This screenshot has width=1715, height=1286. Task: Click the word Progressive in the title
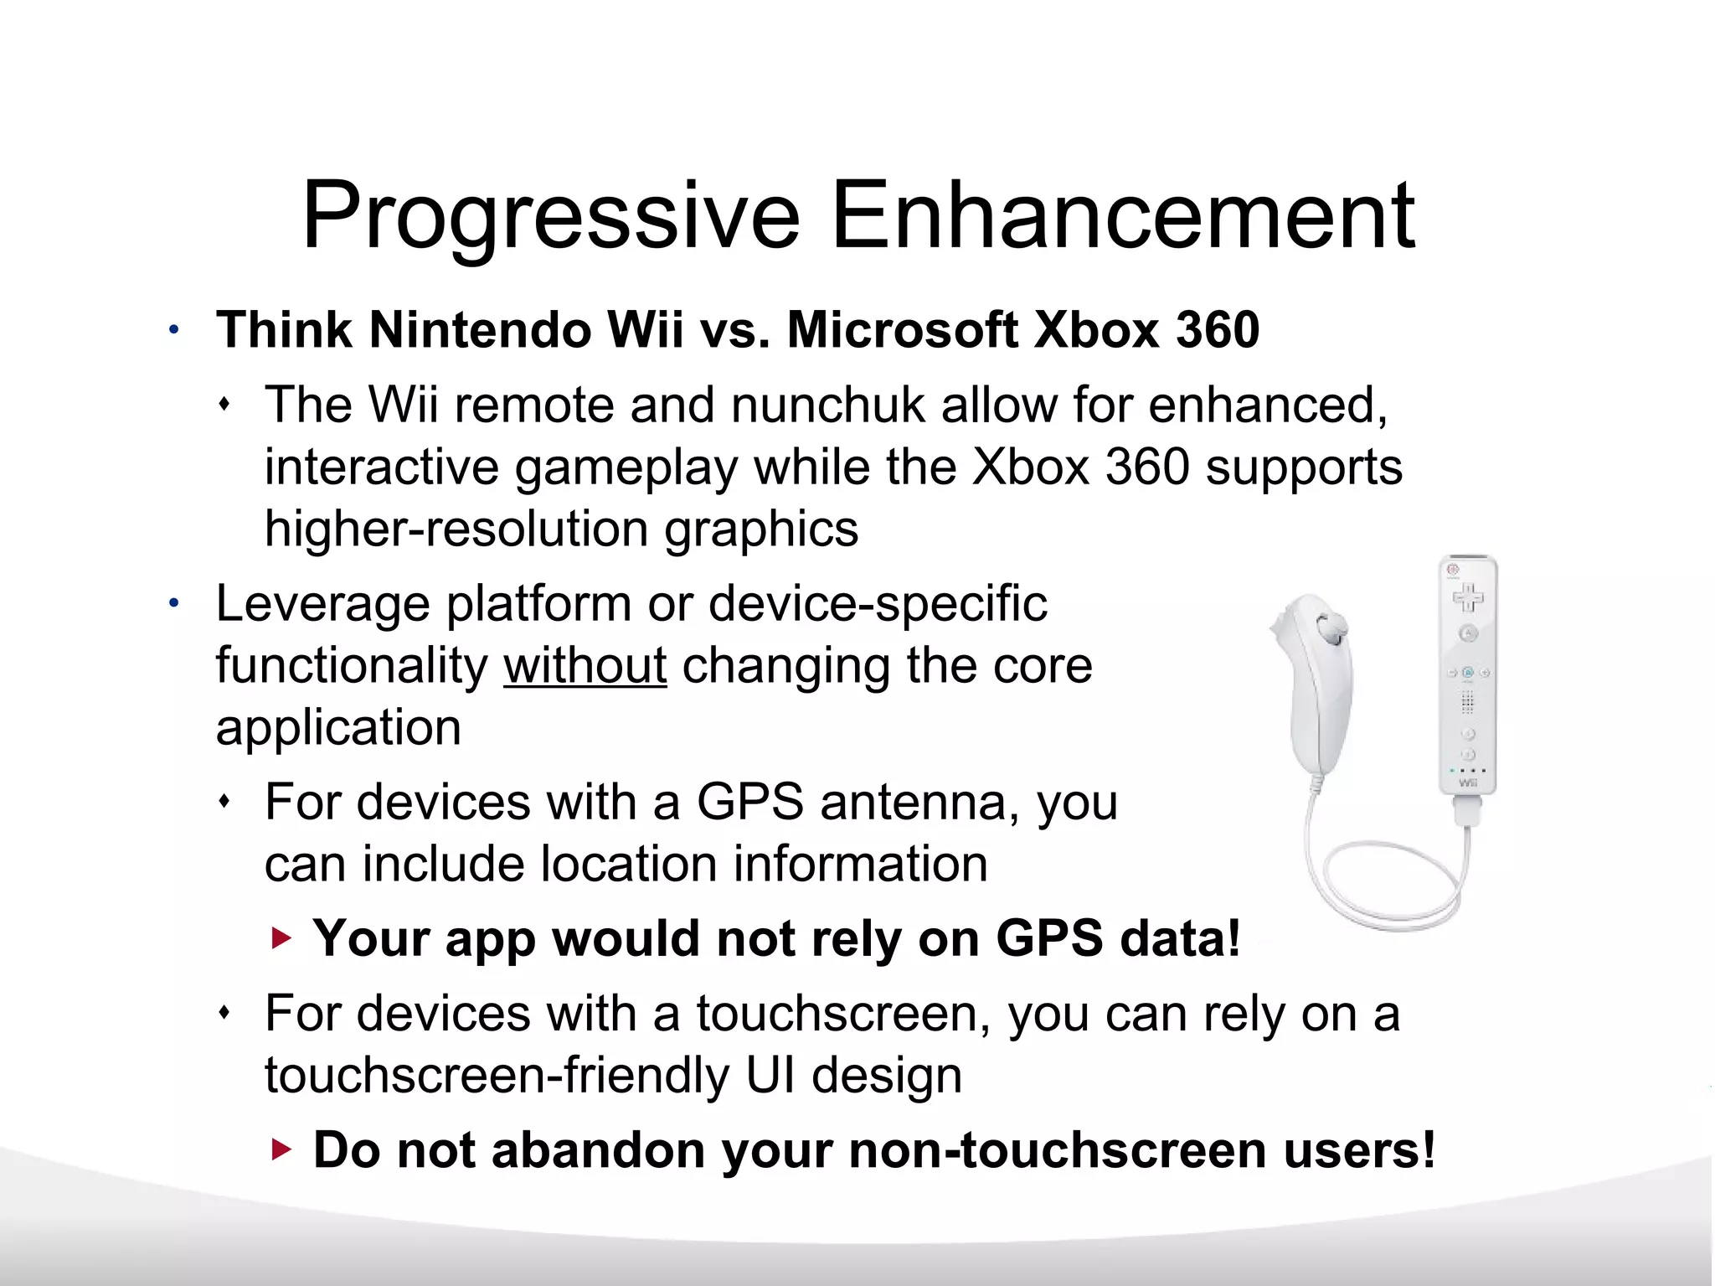tap(550, 216)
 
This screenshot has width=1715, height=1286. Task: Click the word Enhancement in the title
tap(1122, 216)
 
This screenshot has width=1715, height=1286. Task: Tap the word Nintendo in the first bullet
tap(479, 329)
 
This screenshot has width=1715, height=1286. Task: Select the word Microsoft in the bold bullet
tap(903, 329)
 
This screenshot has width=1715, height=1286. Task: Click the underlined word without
tap(585, 666)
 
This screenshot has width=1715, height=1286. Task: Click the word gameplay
tap(626, 467)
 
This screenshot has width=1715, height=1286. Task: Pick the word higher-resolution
tap(456, 529)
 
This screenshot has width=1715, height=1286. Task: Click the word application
tap(338, 727)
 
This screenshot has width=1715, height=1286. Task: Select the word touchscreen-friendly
tap(497, 1076)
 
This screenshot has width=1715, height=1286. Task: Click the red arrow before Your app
tap(282, 938)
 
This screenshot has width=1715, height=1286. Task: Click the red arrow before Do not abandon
tap(282, 1150)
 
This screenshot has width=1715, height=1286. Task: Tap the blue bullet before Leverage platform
tap(173, 603)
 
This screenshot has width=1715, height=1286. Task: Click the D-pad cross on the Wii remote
tap(1467, 598)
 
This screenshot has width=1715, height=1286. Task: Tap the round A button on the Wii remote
tap(1468, 634)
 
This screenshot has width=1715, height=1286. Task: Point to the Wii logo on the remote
tap(1468, 782)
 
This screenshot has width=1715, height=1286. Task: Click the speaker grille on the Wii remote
tap(1468, 701)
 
